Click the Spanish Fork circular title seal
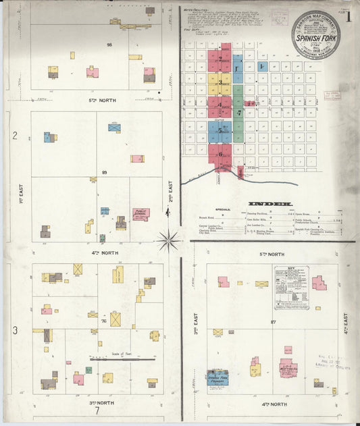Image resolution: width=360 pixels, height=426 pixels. click(315, 34)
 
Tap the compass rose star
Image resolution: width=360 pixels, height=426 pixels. click(169, 238)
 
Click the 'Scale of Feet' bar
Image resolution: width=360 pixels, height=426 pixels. click(112, 359)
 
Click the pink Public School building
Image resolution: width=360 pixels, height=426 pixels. click(140, 215)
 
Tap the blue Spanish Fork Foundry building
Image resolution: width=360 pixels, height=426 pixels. click(217, 377)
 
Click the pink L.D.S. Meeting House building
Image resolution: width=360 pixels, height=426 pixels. click(288, 369)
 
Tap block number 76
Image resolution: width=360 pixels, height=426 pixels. click(104, 321)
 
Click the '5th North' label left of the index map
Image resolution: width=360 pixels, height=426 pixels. click(102, 100)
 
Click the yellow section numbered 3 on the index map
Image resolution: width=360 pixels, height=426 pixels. click(219, 80)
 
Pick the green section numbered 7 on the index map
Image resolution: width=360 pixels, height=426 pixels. click(238, 113)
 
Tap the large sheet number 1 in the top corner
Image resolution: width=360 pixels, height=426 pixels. click(348, 18)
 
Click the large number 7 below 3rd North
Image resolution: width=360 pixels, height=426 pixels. click(97, 410)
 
